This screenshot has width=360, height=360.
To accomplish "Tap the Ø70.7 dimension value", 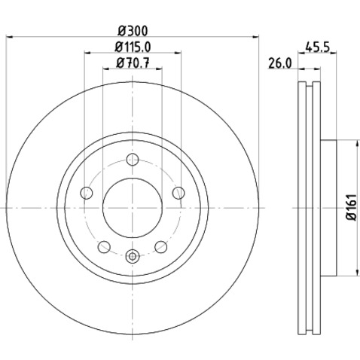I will pyautogui.click(x=133, y=64).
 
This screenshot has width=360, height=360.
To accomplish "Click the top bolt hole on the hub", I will pyautogui.click(x=133, y=159).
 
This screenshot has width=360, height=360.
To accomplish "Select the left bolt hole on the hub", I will pyautogui.click(x=87, y=194).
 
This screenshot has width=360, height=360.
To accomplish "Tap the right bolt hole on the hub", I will pyautogui.click(x=178, y=194).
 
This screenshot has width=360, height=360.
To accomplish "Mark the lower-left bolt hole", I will pyautogui.click(x=105, y=246).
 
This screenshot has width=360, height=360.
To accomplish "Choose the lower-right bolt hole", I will pyautogui.click(x=160, y=246).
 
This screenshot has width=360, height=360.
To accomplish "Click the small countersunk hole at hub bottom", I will pyautogui.click(x=133, y=255).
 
